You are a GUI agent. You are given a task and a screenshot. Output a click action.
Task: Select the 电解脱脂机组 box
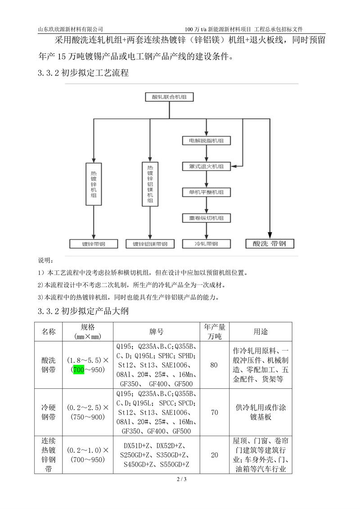tap(206, 141)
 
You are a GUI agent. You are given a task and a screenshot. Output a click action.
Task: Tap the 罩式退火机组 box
tap(206, 166)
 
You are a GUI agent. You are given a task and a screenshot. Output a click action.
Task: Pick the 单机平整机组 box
tap(206, 192)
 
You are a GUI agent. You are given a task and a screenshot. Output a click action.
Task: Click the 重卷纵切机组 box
tap(206, 218)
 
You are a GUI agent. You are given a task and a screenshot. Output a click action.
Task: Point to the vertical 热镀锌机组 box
tap(94, 184)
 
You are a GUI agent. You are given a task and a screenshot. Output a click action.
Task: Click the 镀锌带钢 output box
tap(94, 244)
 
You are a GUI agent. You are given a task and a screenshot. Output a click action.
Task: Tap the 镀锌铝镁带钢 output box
tap(150, 244)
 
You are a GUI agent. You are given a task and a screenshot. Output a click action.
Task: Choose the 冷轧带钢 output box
tap(206, 244)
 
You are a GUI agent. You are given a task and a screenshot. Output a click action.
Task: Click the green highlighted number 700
tap(79, 369)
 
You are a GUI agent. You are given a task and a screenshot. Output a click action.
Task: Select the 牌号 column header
tap(156, 332)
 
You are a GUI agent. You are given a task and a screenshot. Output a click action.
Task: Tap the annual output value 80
tap(214, 365)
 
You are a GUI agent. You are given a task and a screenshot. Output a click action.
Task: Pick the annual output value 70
tap(214, 412)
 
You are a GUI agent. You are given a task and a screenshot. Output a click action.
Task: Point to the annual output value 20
tap(214, 455)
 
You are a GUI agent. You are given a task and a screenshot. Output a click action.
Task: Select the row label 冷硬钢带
tap(49, 412)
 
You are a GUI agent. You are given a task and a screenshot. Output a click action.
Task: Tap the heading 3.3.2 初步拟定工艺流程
tap(84, 73)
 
